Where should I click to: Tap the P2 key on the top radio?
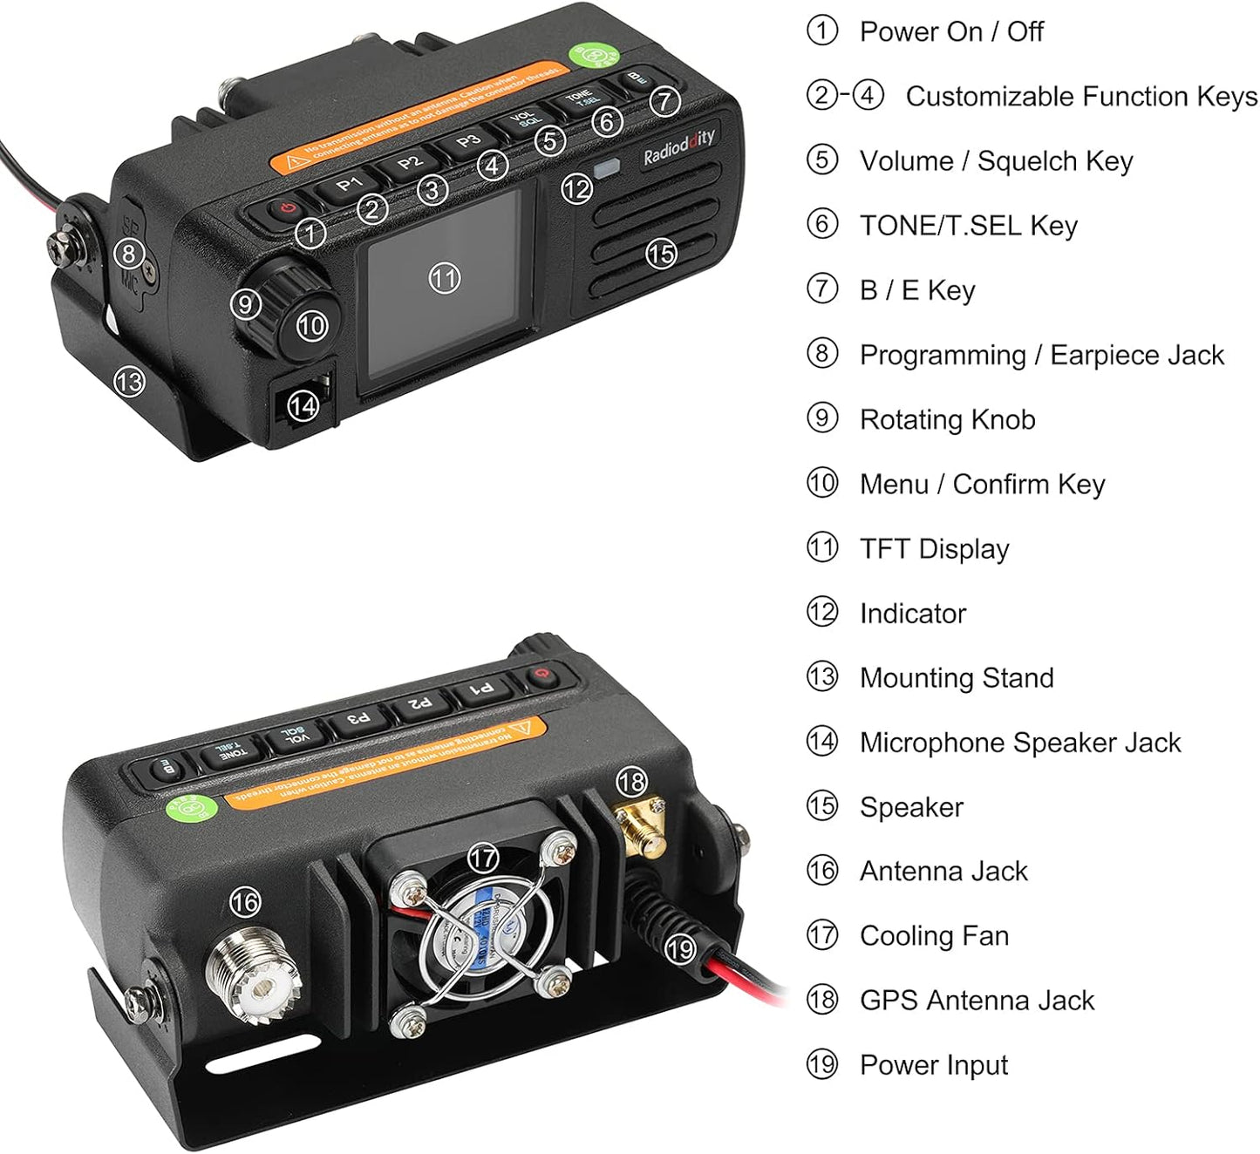click(x=409, y=161)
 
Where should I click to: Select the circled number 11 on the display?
click(x=444, y=278)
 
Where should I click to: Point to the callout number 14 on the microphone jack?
click(x=303, y=405)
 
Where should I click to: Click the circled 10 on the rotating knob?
click(x=311, y=326)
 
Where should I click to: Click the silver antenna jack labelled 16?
click(x=253, y=975)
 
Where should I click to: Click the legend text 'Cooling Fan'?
click(x=934, y=935)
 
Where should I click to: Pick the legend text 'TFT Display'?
click(x=934, y=548)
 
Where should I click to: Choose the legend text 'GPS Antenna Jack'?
click(x=977, y=1000)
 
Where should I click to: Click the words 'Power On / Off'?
click(x=951, y=31)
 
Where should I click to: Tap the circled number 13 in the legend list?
click(x=822, y=677)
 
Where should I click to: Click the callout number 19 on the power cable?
click(x=680, y=947)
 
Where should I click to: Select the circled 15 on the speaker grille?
click(x=660, y=254)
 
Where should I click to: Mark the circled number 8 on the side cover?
click(x=129, y=254)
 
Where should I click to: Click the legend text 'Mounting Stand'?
click(x=957, y=677)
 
